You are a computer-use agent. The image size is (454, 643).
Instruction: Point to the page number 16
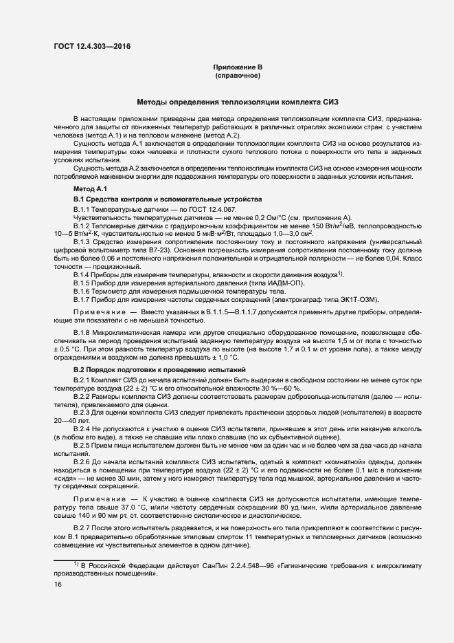point(57,584)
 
